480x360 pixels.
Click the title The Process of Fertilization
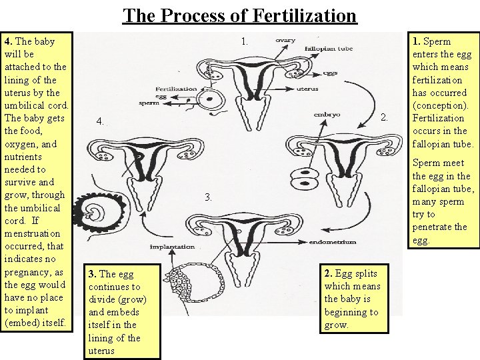tap(240, 15)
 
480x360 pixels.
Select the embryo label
tap(327, 114)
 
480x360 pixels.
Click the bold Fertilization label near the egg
tap(176, 89)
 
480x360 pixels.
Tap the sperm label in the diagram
tap(166, 105)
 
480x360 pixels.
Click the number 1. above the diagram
tap(245, 41)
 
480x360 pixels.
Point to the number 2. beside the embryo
tap(384, 119)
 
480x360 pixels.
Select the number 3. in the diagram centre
tap(209, 197)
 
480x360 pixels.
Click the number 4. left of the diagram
tap(99, 122)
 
